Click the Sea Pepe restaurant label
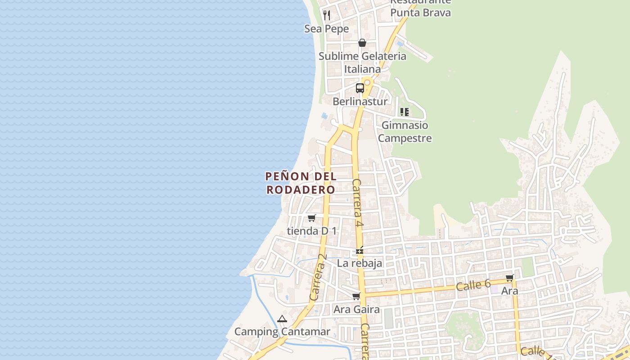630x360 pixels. tap(327, 29)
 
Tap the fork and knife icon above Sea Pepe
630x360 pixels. tap(327, 15)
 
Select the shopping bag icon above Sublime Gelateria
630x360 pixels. tap(362, 43)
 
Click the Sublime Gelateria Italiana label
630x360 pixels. tap(362, 63)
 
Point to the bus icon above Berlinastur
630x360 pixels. tap(360, 88)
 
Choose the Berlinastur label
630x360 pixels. tap(360, 102)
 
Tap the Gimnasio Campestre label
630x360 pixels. tap(405, 131)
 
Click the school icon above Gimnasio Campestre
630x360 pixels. tap(405, 112)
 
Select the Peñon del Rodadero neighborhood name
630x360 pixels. tap(301, 183)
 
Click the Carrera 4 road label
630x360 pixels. tap(357, 203)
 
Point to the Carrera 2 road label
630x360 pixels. tap(318, 277)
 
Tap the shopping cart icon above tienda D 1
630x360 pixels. tap(311, 218)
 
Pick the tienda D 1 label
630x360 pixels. tap(312, 231)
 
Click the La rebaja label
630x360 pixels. tap(360, 263)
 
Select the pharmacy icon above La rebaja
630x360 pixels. tap(360, 250)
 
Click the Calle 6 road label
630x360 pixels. tap(473, 285)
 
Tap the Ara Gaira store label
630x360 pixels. tap(356, 310)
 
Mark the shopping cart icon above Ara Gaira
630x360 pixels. tap(356, 296)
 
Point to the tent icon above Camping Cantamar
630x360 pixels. tap(282, 319)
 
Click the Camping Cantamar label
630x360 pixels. tap(282, 332)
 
